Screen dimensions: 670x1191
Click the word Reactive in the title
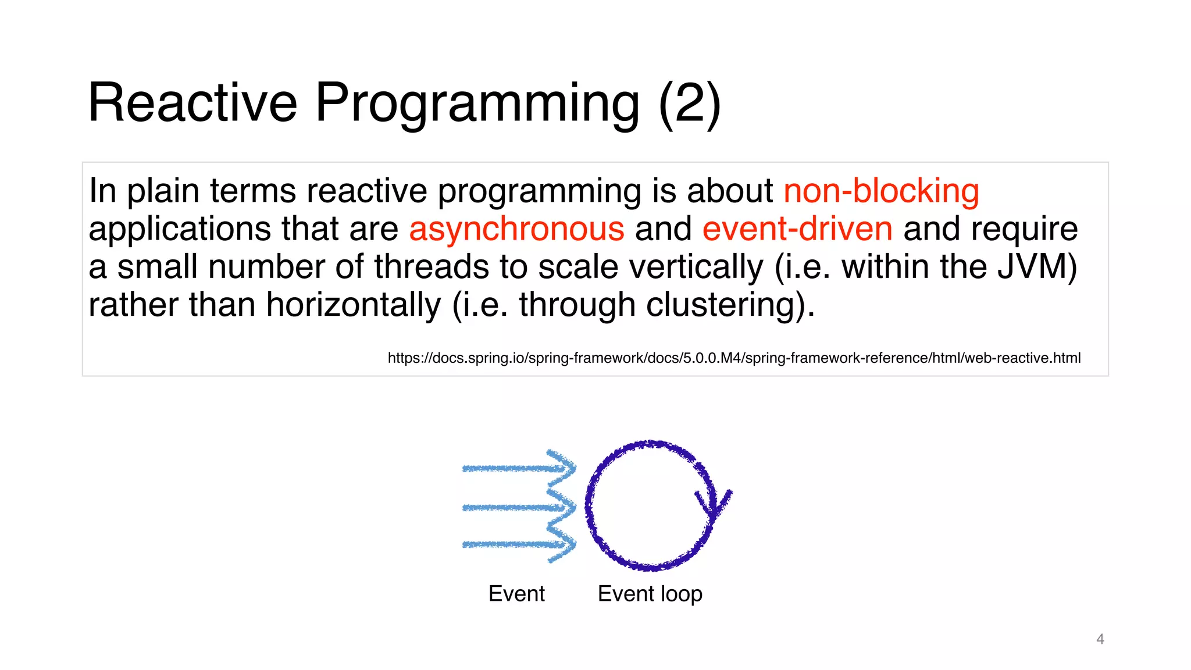[x=192, y=102]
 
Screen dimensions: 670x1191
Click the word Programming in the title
[x=477, y=104]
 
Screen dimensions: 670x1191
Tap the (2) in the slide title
[x=690, y=104]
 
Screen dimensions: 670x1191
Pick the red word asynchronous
[x=516, y=229]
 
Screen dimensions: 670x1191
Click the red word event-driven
[x=797, y=229]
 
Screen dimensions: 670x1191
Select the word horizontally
[x=354, y=305]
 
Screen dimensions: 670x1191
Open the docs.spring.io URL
[x=734, y=358]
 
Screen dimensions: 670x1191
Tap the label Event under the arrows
[x=516, y=594]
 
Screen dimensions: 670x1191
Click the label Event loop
[x=650, y=594]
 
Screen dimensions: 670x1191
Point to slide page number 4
[x=1100, y=639]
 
